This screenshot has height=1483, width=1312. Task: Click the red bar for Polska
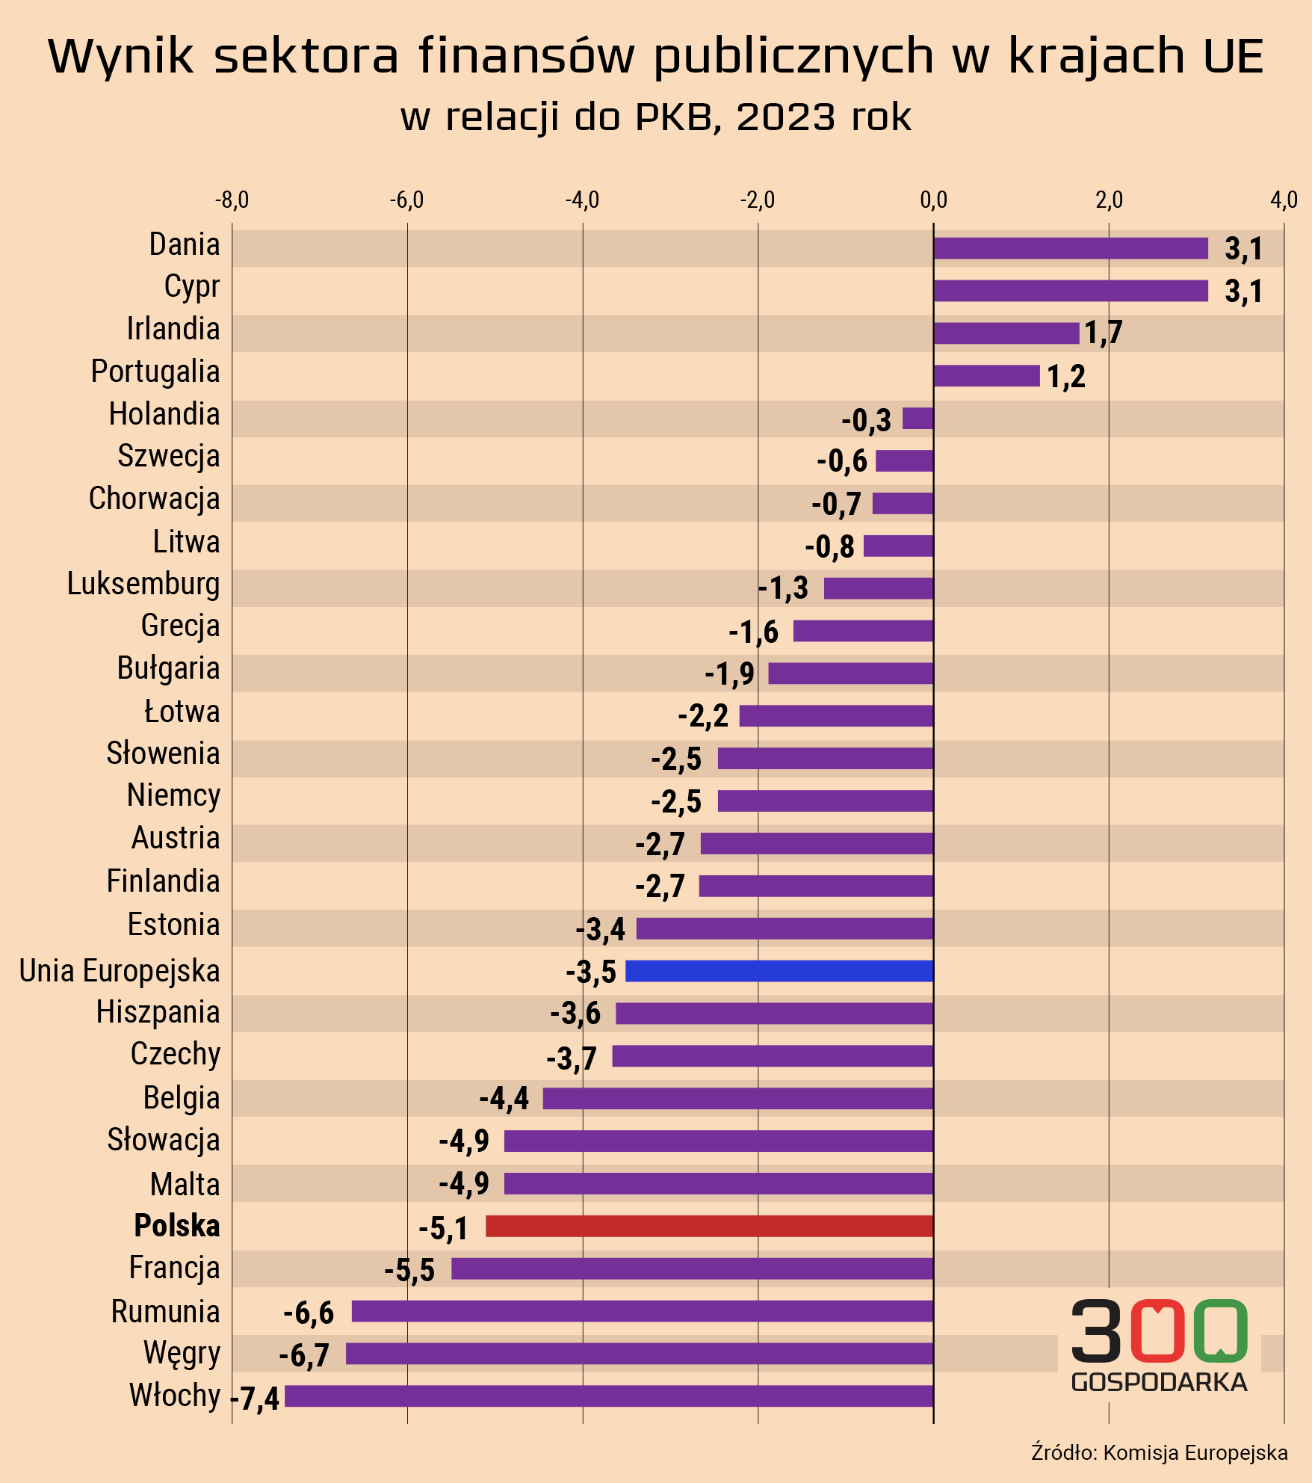(709, 1226)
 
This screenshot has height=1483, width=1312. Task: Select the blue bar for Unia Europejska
(779, 971)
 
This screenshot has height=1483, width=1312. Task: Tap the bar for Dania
(1071, 248)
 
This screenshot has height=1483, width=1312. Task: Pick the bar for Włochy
(609, 1396)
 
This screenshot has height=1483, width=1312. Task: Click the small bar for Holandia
(918, 419)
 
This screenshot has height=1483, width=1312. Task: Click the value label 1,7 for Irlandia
(1103, 333)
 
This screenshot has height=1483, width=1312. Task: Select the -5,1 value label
(443, 1228)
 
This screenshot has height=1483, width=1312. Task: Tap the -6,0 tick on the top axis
(407, 200)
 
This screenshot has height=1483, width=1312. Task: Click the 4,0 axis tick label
(1284, 200)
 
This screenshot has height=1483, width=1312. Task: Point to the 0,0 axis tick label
(933, 200)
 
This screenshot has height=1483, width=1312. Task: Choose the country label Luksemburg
(143, 585)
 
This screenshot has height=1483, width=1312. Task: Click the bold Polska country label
(177, 1226)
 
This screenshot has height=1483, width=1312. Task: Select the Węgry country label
(182, 1354)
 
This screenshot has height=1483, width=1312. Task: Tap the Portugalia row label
(155, 371)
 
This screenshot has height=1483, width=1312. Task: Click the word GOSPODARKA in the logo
(1159, 1382)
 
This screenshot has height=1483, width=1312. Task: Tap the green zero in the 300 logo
(1220, 1331)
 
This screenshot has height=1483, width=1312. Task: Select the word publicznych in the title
(793, 56)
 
